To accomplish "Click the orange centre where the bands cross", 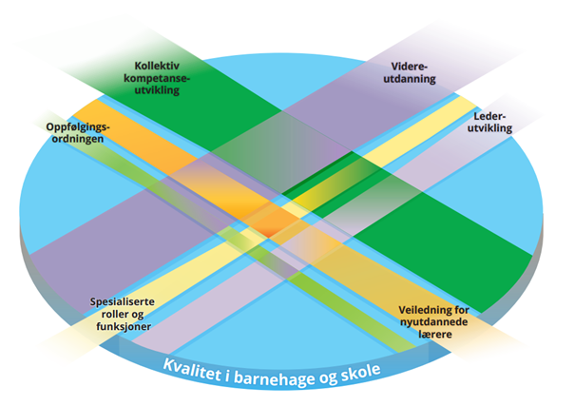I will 277,224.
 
